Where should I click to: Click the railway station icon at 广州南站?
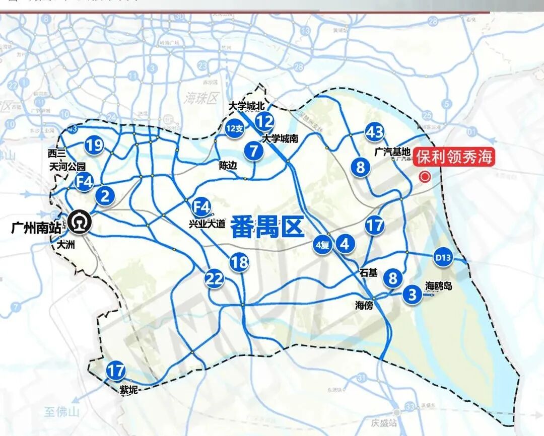[80, 222]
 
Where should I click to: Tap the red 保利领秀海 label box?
[453, 157]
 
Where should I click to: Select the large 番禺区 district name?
[267, 227]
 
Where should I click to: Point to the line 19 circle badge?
[94, 146]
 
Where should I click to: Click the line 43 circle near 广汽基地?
[375, 133]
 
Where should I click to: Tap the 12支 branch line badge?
[235, 129]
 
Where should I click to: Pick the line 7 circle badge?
[254, 151]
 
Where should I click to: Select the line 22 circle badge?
[214, 278]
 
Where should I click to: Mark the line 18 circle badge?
[240, 262]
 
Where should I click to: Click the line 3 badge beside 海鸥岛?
[413, 294]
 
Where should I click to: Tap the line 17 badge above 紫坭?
[116, 372]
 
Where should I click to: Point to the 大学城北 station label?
[246, 106]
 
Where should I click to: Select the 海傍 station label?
[364, 305]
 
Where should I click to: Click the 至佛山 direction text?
[62, 412]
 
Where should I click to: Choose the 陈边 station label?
[228, 165]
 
